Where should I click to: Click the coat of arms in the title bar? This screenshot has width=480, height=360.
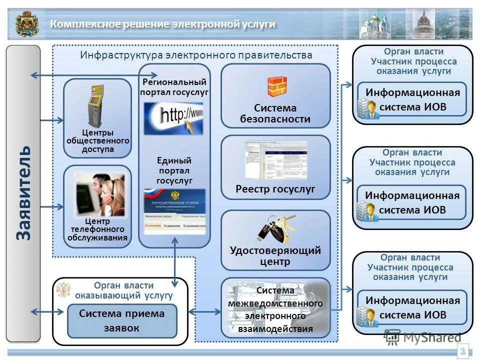tap(27, 24)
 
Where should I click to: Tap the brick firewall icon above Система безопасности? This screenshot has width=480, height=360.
tap(276, 86)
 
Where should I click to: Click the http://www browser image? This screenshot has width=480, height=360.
tap(173, 118)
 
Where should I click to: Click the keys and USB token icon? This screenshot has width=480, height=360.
tap(274, 227)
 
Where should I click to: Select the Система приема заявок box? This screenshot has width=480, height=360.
tap(122, 321)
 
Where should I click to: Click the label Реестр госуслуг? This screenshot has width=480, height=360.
tap(275, 189)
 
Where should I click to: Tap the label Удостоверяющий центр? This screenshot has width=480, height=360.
tap(275, 255)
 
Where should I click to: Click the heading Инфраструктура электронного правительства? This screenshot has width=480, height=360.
tap(196, 55)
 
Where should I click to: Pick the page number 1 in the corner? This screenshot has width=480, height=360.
tap(463, 351)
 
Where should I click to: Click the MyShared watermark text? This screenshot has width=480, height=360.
tap(431, 337)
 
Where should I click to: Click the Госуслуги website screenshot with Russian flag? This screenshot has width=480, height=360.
tap(173, 211)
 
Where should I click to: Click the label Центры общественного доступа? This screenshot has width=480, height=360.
tap(97, 141)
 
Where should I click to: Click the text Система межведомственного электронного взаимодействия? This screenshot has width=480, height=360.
tap(275, 309)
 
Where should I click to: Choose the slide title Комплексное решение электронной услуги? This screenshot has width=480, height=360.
tap(162, 24)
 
